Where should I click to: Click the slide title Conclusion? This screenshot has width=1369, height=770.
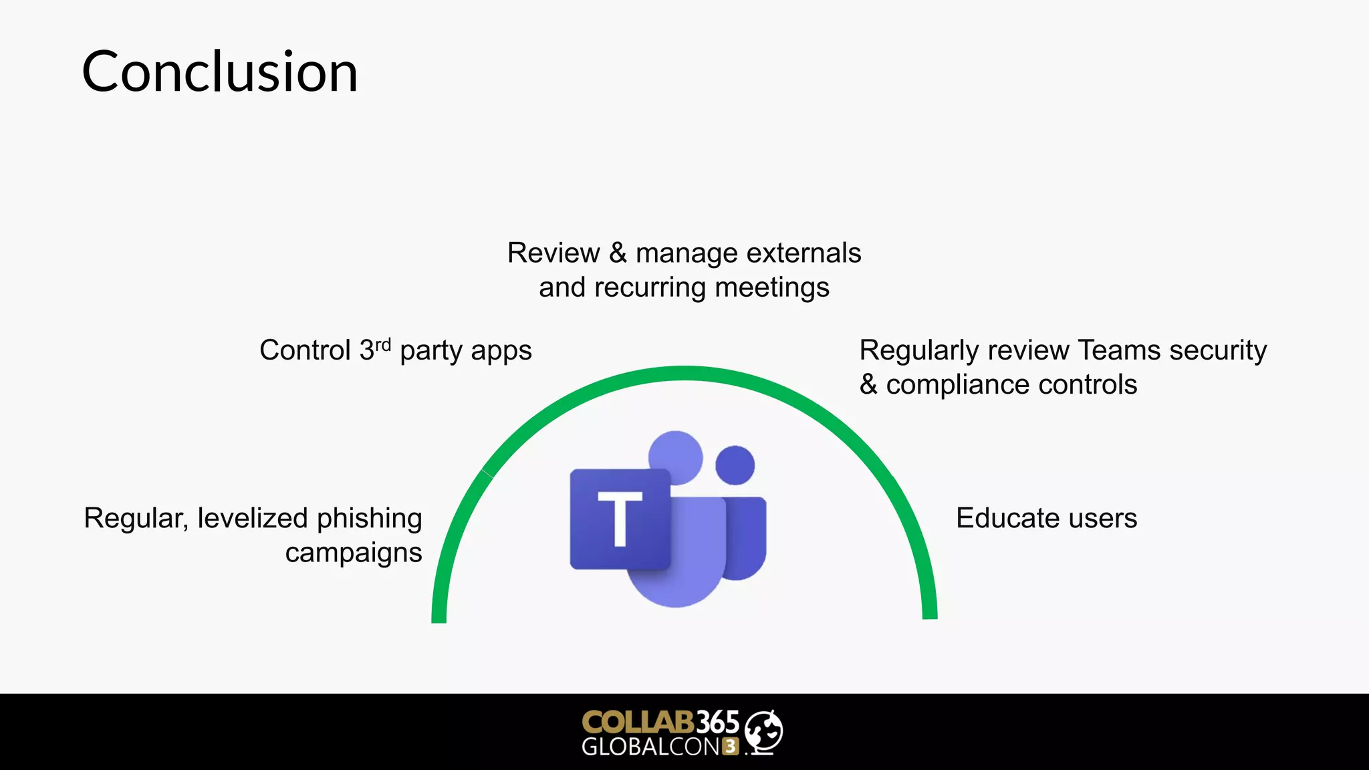coord(220,72)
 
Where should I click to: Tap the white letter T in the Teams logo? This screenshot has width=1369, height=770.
coord(620,518)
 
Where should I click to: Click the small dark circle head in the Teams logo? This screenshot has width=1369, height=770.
coord(735,465)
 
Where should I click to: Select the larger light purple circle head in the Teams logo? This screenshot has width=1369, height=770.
coord(676,457)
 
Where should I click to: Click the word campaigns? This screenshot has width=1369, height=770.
coord(354,553)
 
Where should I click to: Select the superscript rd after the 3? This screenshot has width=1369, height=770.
coord(382,345)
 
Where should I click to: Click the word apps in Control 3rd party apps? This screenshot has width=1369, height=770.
coord(501,351)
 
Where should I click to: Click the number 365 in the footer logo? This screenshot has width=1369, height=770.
coord(718,723)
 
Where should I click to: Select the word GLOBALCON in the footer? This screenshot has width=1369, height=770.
coord(650,747)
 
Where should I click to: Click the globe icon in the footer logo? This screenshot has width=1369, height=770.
coord(763,731)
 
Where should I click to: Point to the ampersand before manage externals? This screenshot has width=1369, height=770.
coord(618,253)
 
